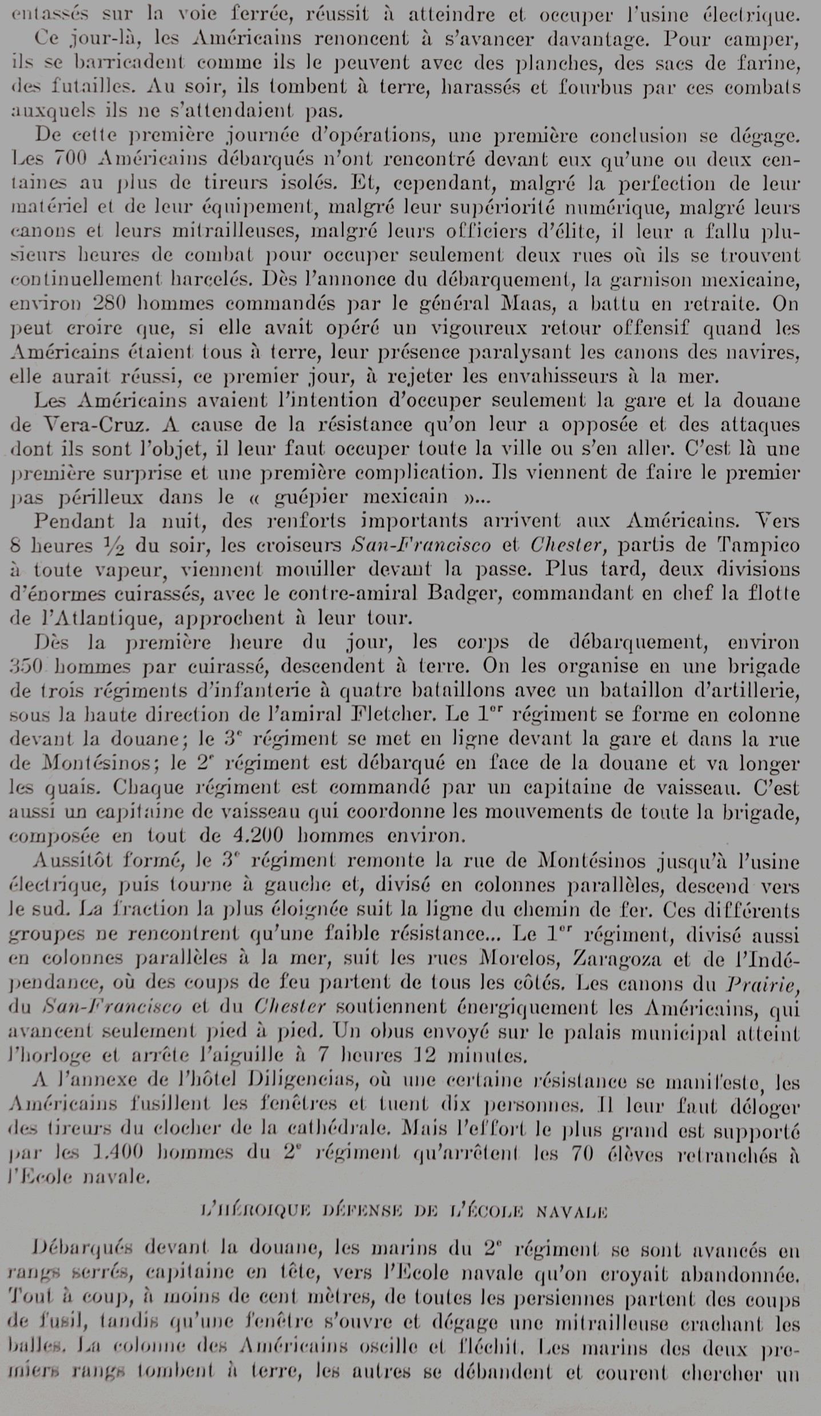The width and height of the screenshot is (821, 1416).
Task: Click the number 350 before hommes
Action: pyautogui.click(x=26, y=667)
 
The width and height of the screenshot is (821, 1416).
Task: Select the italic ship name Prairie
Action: pyautogui.click(x=761, y=983)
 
